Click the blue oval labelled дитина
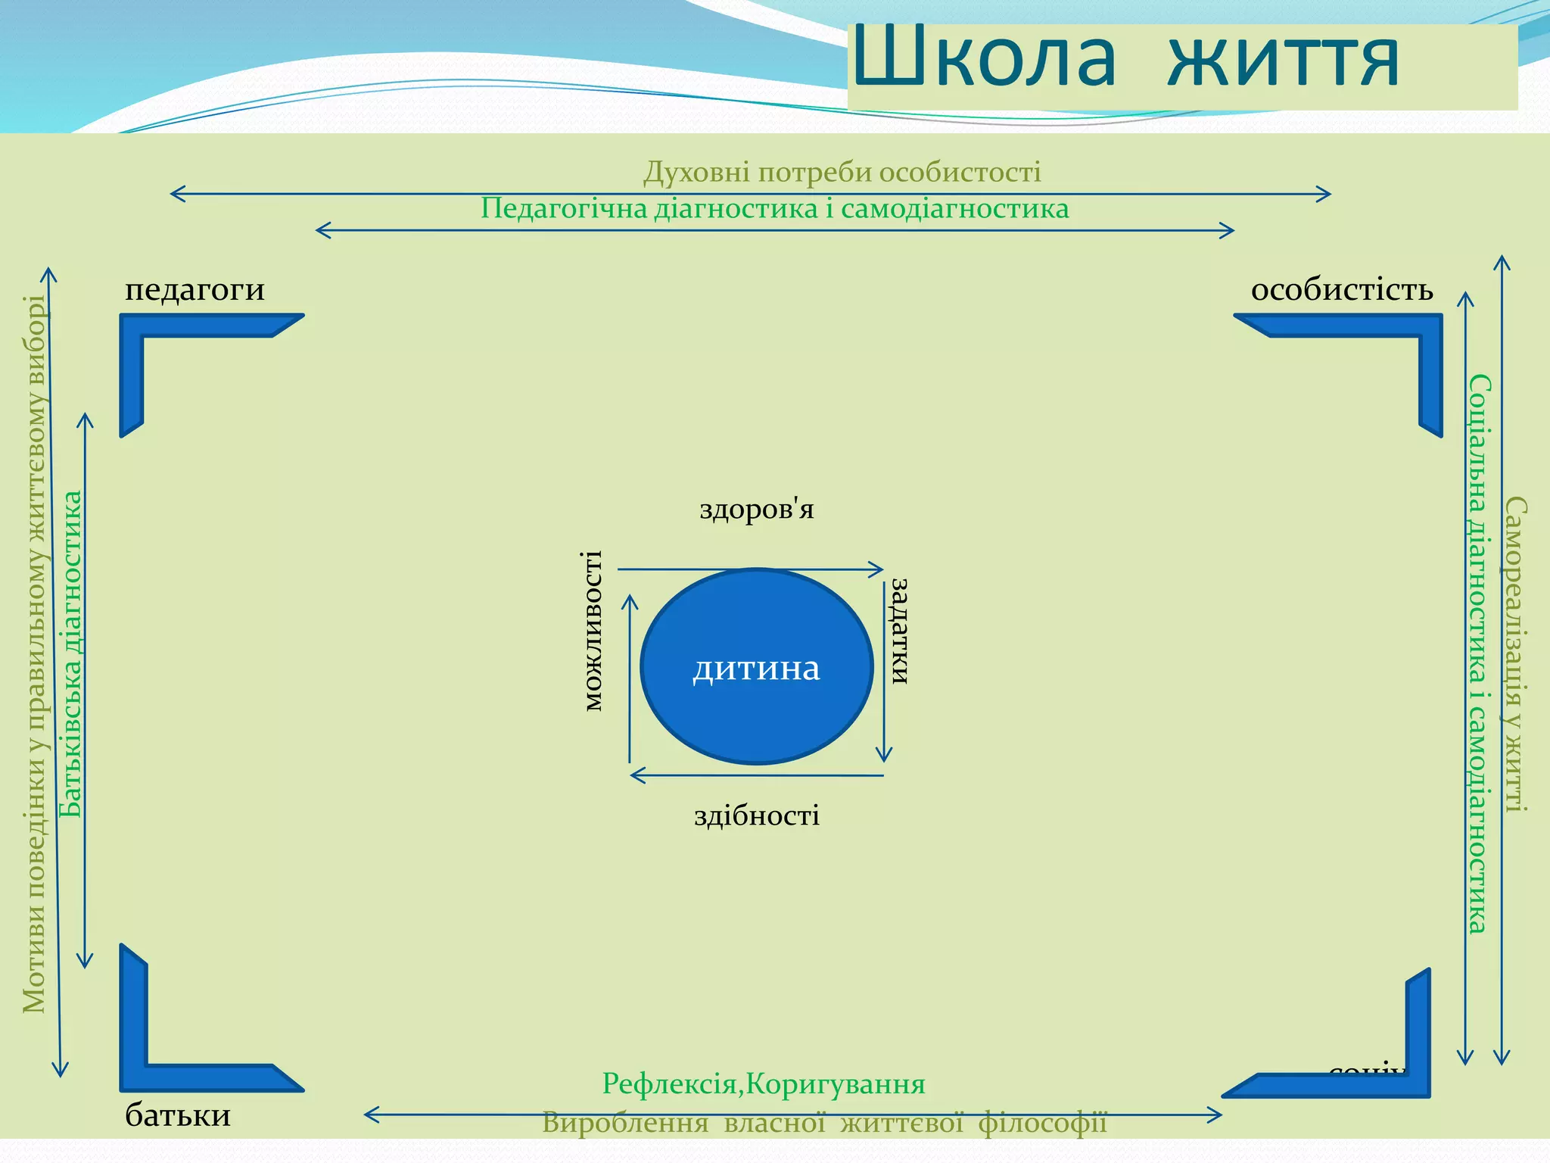757,666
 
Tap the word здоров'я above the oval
757,510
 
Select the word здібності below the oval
757,815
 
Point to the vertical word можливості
594,631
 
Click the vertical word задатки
899,631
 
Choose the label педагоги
195,289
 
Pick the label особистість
1342,289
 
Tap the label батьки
178,1115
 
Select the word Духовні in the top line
696,173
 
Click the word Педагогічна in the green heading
564,208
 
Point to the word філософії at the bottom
1043,1122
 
